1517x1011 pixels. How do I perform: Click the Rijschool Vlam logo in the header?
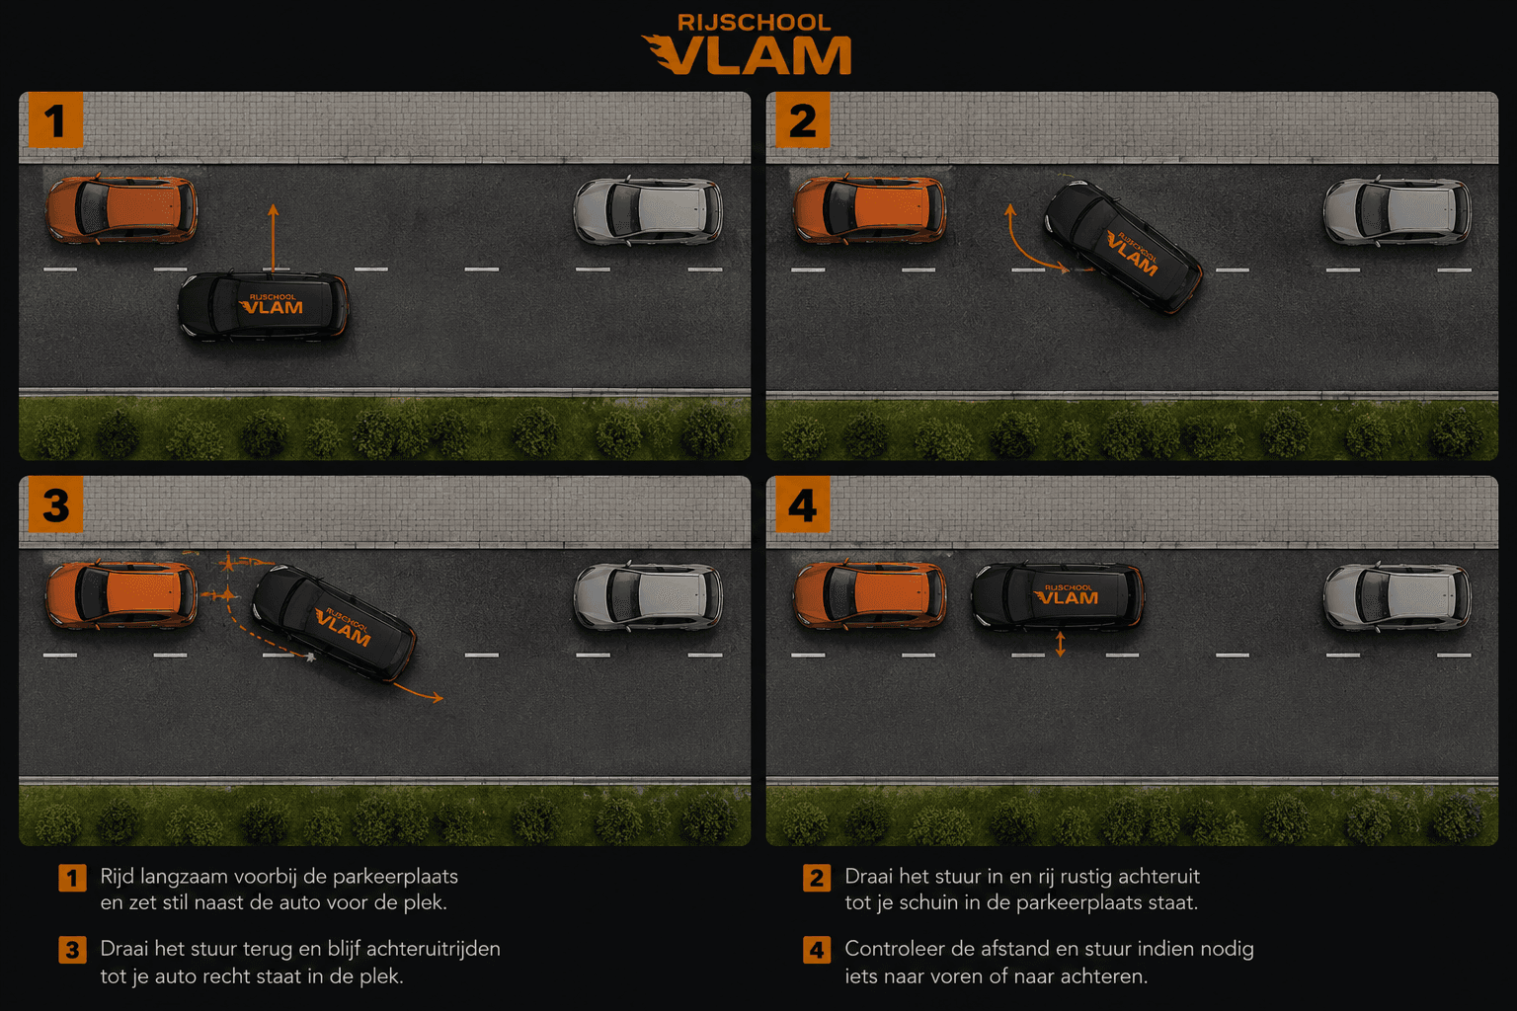(747, 44)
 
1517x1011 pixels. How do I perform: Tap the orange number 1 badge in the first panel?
(55, 120)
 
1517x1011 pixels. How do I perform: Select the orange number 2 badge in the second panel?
(803, 120)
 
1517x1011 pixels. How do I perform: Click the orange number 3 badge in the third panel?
(55, 505)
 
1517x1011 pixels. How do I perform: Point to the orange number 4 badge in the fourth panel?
(803, 505)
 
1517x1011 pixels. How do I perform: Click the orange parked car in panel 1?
(121, 209)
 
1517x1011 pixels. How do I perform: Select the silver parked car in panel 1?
(648, 210)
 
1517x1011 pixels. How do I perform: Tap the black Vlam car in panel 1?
(264, 305)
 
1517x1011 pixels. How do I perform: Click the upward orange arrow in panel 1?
(273, 238)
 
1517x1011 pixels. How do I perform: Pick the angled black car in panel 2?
(1123, 247)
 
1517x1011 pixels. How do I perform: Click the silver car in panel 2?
(1397, 210)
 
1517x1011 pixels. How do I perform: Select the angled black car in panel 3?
(334, 623)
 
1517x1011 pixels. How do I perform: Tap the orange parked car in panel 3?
(121, 594)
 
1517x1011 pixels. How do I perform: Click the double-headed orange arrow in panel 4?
(1061, 644)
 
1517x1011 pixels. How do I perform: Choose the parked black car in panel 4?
(1058, 596)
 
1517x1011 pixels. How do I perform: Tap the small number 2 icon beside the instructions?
(817, 879)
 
